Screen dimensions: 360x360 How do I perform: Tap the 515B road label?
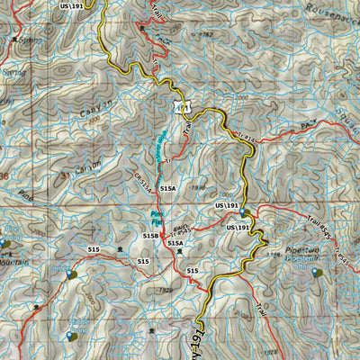[150, 236]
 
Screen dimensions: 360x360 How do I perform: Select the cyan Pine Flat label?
[156, 215]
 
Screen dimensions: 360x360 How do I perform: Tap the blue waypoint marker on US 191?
[243, 213]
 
